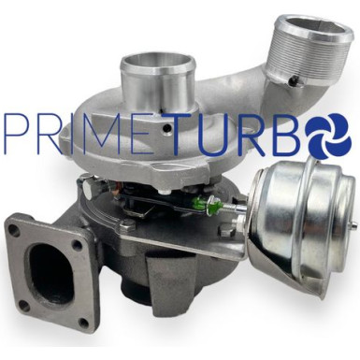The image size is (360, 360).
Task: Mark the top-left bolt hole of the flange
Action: coord(15,229)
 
